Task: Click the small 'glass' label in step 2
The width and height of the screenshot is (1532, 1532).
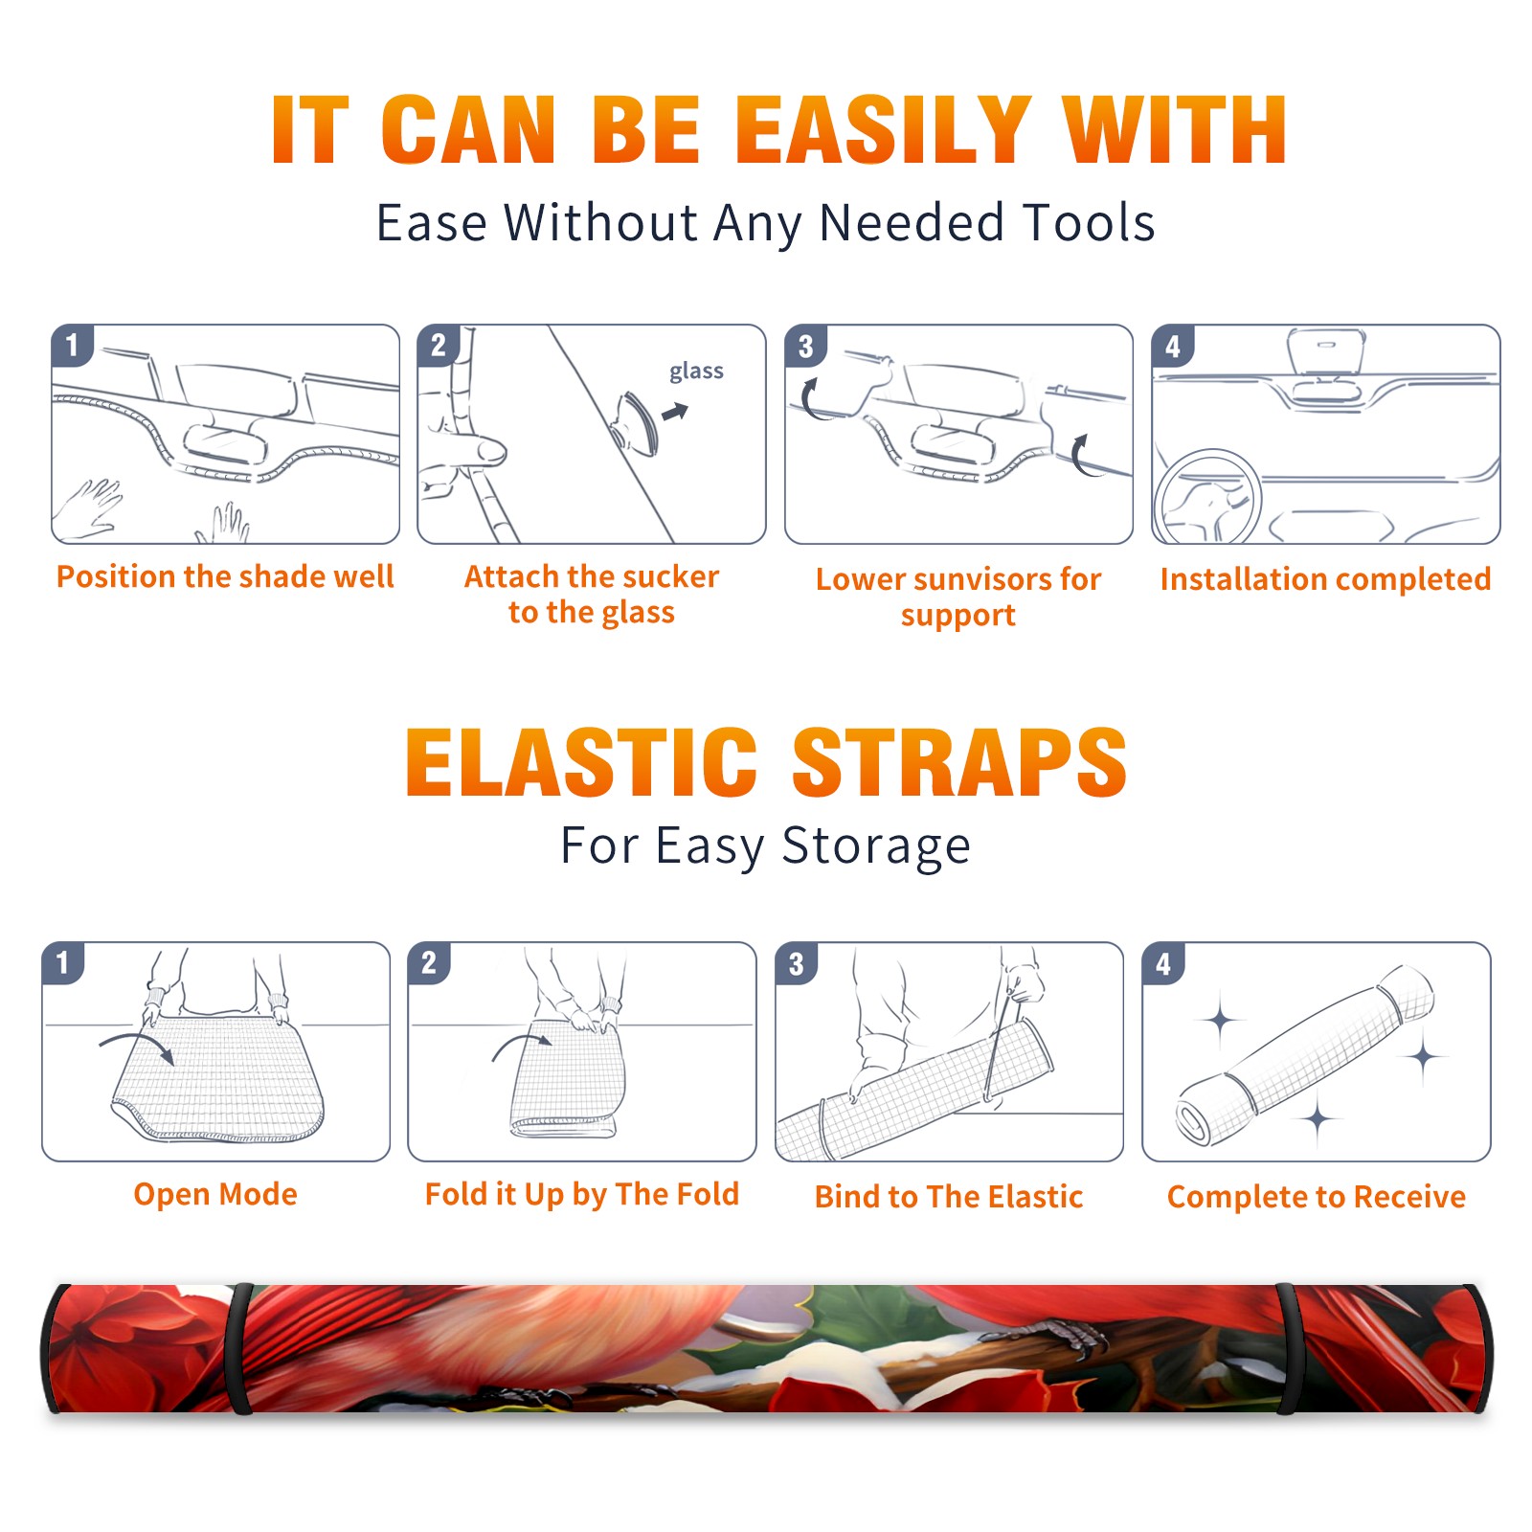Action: [696, 371]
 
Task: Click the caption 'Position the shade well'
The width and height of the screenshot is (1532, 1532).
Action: [225, 577]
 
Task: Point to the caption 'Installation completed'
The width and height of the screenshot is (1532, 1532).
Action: [1325, 579]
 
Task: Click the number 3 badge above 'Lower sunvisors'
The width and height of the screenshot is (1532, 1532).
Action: [805, 347]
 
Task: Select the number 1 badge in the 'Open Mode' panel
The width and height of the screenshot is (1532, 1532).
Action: [63, 963]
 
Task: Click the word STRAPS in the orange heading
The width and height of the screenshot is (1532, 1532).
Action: [959, 762]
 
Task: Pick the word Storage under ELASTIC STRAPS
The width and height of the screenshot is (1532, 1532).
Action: [876, 846]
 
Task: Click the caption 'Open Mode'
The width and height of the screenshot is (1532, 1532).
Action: [215, 1195]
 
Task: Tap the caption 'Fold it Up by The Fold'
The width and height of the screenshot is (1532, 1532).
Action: [582, 1195]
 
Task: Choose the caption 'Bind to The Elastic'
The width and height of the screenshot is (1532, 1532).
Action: [949, 1197]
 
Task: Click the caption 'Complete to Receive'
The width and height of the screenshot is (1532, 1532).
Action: [1317, 1197]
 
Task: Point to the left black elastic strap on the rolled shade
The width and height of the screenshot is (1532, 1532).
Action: [241, 1348]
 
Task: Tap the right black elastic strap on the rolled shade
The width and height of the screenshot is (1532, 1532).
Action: [1286, 1348]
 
